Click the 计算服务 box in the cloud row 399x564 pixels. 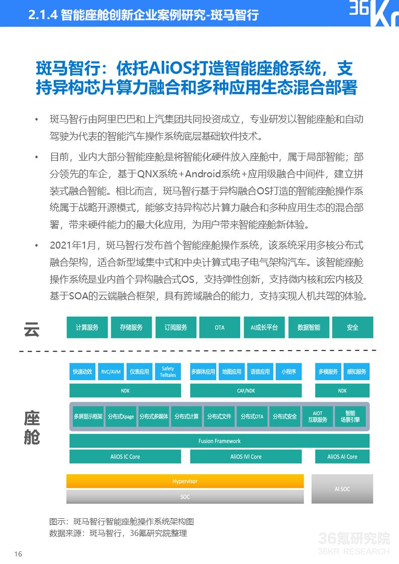[x=87, y=327]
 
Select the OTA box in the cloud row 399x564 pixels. [x=220, y=327]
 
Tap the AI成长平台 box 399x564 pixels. [x=264, y=327]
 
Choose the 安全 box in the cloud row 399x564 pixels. [x=352, y=327]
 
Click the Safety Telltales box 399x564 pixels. [x=168, y=372]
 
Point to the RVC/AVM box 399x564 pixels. [x=111, y=372]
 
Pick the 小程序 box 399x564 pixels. [x=288, y=372]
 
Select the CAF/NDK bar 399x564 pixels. [x=246, y=390]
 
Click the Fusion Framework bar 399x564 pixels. [x=219, y=441]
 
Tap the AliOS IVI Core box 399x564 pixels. [x=246, y=457]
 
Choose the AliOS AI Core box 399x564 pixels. [x=342, y=457]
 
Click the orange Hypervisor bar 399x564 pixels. [x=185, y=481]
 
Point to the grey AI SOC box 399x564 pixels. [x=342, y=489]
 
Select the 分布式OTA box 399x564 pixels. [x=252, y=416]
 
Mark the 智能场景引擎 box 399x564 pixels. [x=350, y=416]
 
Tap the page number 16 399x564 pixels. [x=18, y=554]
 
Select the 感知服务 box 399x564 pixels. [x=356, y=372]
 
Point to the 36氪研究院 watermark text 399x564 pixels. [x=354, y=539]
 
